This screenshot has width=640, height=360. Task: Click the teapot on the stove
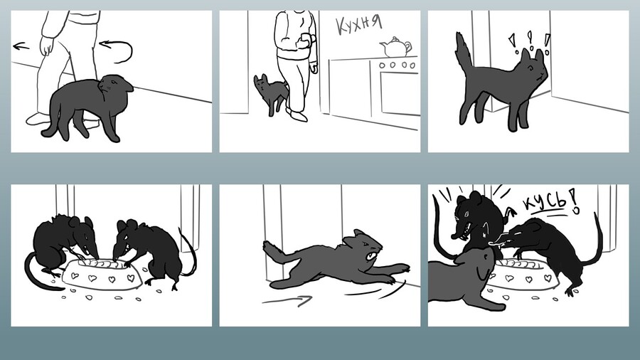(395, 47)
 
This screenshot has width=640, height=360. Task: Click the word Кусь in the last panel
(545, 201)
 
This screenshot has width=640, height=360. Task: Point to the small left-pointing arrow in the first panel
(21, 46)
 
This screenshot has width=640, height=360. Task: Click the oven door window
(400, 93)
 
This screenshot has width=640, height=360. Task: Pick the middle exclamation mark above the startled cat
(530, 40)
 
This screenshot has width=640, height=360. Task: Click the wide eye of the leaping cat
(370, 256)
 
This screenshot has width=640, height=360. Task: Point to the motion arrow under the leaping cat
(287, 301)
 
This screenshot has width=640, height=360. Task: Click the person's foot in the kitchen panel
(297, 115)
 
